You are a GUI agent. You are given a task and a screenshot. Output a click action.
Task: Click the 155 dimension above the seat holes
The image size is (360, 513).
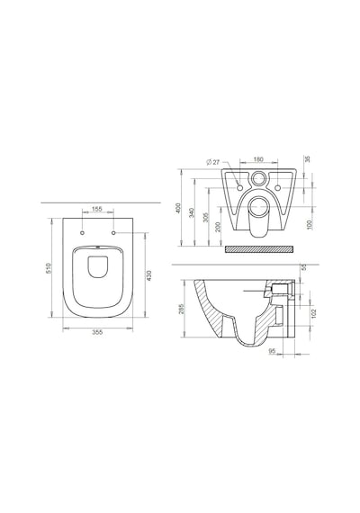tap(97, 209)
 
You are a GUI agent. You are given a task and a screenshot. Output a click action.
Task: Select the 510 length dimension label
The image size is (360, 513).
tap(49, 268)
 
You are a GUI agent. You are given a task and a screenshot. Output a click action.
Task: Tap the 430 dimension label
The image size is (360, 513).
tap(149, 275)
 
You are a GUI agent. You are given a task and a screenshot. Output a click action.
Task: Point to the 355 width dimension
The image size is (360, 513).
tap(97, 332)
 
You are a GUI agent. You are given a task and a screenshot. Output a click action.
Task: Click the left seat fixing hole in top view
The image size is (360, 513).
tap(82, 232)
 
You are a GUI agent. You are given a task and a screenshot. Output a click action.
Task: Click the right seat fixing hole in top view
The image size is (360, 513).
tap(113, 232)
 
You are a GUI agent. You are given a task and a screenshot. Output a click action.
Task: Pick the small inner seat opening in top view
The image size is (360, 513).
tap(97, 267)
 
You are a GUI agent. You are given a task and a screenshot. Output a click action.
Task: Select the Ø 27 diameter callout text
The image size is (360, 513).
tap(213, 162)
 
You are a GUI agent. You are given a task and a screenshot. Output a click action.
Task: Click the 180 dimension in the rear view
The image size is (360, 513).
tap(258, 159)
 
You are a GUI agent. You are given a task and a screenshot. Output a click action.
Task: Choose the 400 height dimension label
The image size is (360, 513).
tap(178, 208)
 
